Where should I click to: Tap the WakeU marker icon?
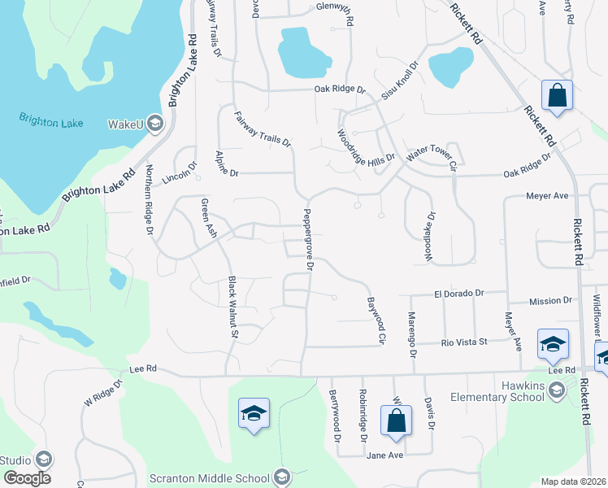pos(156,124)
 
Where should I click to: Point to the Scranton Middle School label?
pos(211,477)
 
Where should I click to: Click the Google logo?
pos(27,478)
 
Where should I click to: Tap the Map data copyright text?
pos(574,481)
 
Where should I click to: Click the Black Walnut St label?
pos(232,307)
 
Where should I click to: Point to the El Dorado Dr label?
pos(458,293)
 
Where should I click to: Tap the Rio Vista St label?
pos(463,342)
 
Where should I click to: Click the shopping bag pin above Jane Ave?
pos(397,421)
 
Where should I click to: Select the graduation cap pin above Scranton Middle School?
pos(254,414)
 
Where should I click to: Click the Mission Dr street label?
pos(550,301)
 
